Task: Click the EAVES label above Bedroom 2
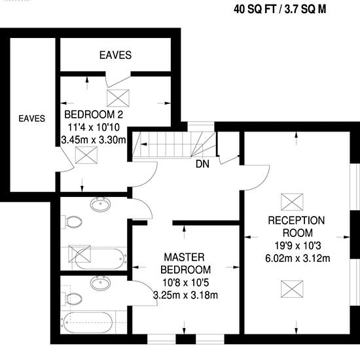click(115, 55)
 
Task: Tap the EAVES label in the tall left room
click(31, 118)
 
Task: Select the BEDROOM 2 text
click(94, 115)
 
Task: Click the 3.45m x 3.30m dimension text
click(94, 140)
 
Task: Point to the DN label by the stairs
click(202, 164)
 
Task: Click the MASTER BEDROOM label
click(185, 263)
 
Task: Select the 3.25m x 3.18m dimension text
click(185, 295)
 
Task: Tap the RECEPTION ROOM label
click(297, 226)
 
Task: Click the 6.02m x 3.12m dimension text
click(298, 259)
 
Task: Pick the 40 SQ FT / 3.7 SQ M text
click(280, 9)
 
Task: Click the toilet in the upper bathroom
click(72, 222)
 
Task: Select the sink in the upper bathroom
click(100, 204)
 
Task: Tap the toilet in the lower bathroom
click(72, 298)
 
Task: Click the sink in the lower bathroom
click(100, 283)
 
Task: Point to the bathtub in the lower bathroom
click(88, 323)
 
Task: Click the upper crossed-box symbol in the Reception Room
click(292, 202)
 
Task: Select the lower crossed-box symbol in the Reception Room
click(292, 289)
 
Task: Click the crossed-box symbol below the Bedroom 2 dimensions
click(86, 155)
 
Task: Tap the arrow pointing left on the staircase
click(144, 144)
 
